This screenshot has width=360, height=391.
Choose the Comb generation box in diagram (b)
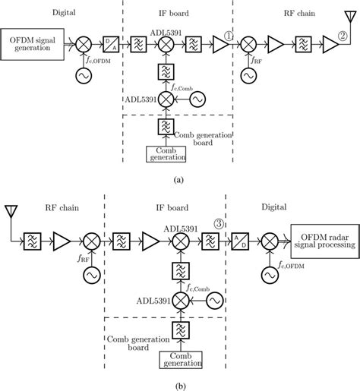coord(180,358)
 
